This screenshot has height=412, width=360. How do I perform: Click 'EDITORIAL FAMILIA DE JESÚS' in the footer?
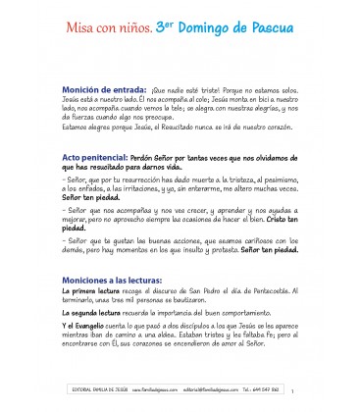point(95,400)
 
